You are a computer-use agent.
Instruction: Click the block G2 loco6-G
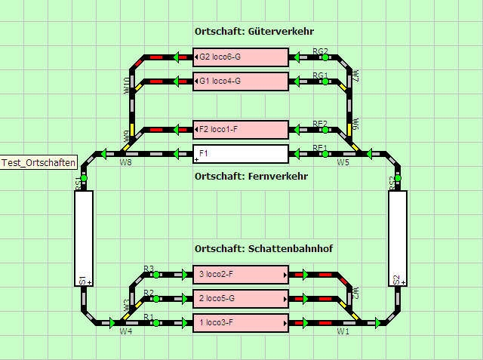click(x=241, y=57)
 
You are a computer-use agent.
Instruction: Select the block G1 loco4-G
click(x=241, y=81)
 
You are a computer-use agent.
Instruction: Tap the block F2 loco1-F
click(x=241, y=129)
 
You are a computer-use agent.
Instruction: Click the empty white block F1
click(x=241, y=153)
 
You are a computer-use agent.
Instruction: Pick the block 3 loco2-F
click(x=241, y=274)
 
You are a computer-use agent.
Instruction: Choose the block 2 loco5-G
click(x=241, y=298)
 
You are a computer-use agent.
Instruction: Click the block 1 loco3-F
click(x=241, y=322)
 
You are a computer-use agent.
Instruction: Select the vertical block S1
click(x=84, y=238)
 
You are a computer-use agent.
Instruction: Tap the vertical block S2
click(x=398, y=238)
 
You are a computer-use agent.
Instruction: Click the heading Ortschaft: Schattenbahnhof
click(x=263, y=249)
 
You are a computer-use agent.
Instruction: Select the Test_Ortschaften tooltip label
click(x=38, y=163)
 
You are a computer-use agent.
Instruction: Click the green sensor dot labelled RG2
click(x=325, y=57)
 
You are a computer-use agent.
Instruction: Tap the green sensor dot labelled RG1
click(x=325, y=81)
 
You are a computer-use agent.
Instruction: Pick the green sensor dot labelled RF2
click(x=325, y=129)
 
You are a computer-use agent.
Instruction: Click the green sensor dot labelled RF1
click(x=325, y=153)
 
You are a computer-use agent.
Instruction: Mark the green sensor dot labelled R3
click(x=156, y=274)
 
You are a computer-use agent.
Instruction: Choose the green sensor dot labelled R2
click(x=156, y=298)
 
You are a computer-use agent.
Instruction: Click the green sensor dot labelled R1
click(x=156, y=322)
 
